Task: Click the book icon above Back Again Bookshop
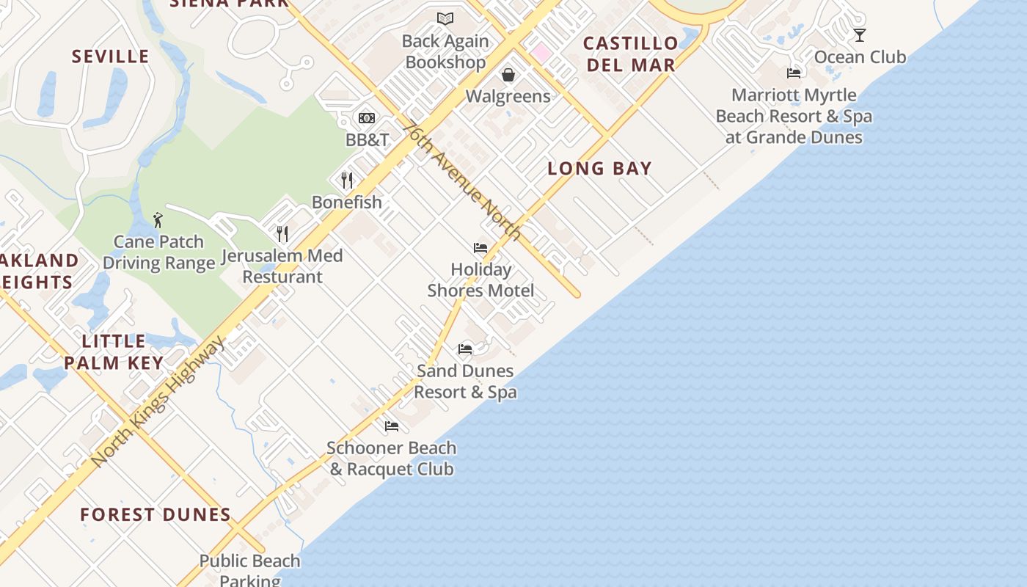(x=445, y=18)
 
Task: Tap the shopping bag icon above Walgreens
(x=508, y=74)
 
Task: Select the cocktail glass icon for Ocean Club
(x=860, y=34)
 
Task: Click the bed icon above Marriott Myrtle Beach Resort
(x=794, y=73)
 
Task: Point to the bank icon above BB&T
(x=367, y=117)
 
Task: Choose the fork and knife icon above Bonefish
(x=347, y=180)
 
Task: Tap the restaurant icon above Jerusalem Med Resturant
(x=282, y=233)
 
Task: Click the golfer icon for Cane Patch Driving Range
(x=158, y=219)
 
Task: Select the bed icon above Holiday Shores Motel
(x=480, y=248)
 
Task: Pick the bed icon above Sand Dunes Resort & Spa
(x=465, y=349)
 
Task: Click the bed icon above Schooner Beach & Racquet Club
(x=392, y=426)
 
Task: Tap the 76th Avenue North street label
(x=462, y=181)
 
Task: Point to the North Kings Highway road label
(x=158, y=401)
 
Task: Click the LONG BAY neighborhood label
(x=599, y=169)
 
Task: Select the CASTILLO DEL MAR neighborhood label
(x=630, y=54)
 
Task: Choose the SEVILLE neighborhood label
(x=111, y=56)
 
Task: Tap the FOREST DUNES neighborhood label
(x=156, y=515)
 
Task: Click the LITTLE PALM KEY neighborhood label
(x=114, y=351)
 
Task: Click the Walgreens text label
(x=508, y=96)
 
